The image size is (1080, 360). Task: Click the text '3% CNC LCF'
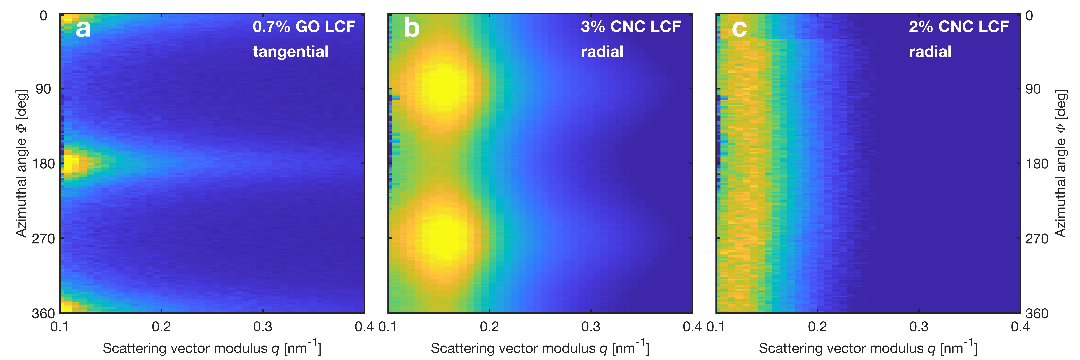tap(631, 27)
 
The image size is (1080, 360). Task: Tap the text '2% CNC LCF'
tap(959, 27)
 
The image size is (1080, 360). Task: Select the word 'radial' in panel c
tap(930, 52)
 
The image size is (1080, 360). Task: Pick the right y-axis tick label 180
tap(1037, 164)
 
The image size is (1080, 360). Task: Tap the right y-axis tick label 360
tap(1037, 313)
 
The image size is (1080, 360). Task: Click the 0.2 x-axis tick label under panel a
tap(161, 327)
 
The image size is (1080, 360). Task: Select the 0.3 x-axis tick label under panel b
tap(591, 327)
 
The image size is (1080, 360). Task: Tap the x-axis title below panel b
tap(540, 348)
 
